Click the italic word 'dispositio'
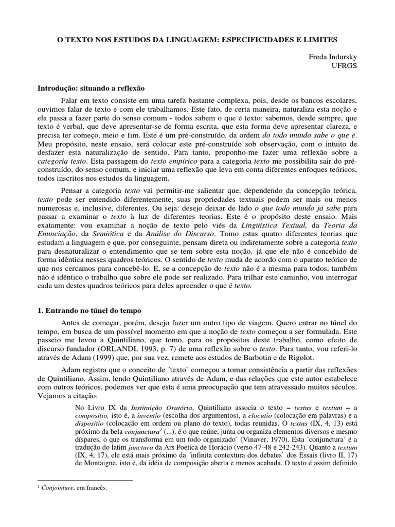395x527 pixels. click(x=92, y=423)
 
